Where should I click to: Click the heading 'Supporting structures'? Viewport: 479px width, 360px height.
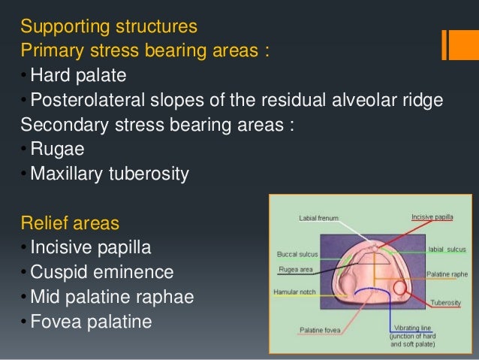(x=109, y=27)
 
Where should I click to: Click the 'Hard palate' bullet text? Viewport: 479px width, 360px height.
(x=78, y=76)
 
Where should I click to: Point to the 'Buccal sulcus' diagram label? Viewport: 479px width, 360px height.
(x=297, y=253)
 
